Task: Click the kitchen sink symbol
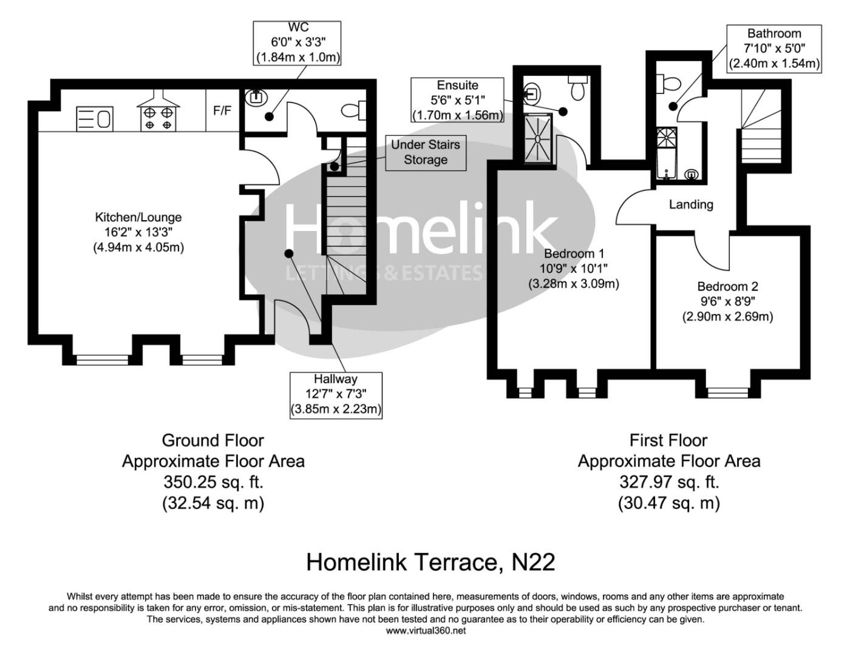[x=95, y=119]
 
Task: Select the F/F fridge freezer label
[x=222, y=111]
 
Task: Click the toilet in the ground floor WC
[x=354, y=110]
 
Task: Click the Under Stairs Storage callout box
[x=425, y=152]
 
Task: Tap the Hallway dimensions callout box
[x=336, y=394]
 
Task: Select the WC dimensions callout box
[x=297, y=42]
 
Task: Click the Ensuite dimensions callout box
[x=457, y=100]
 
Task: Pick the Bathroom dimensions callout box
[x=773, y=49]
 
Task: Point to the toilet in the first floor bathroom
[x=668, y=83]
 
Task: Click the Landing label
[x=691, y=204]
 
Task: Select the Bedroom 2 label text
[x=727, y=286]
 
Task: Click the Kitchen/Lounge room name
[x=138, y=217]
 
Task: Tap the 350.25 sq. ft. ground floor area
[x=213, y=482]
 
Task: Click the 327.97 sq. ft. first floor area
[x=668, y=482]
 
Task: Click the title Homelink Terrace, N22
[x=430, y=562]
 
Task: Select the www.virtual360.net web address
[x=426, y=631]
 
